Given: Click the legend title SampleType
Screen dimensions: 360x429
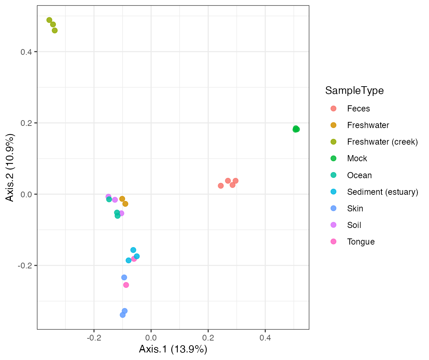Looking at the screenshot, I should point(354,91).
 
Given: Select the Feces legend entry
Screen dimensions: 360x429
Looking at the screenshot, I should point(358,109).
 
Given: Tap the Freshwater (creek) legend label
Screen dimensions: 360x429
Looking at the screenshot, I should point(382,142).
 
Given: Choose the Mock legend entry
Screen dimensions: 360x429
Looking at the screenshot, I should point(357,158).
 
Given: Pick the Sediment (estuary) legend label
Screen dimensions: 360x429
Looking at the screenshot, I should point(382,192).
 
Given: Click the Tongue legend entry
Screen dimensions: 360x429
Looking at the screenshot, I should point(361,242).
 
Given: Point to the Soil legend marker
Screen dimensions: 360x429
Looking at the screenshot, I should point(333,225).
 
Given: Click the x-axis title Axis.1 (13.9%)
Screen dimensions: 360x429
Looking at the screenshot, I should point(173,349).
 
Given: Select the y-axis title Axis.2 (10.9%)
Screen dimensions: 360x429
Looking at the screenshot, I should point(10,168).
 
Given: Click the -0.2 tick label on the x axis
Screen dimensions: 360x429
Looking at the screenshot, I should point(94,338).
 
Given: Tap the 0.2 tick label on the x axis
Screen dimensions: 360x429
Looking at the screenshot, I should point(208,338).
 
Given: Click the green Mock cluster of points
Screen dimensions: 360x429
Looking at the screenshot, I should point(296,129).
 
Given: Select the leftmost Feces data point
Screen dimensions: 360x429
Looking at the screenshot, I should point(221,186).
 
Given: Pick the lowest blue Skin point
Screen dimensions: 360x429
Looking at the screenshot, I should point(123,315).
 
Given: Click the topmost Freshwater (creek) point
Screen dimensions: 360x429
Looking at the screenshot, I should point(49,20).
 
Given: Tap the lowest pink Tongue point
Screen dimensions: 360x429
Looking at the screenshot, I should point(126,285).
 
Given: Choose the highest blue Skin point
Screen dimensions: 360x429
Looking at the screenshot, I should point(124,277).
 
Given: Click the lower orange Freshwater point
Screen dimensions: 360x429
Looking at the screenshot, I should point(125,204).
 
